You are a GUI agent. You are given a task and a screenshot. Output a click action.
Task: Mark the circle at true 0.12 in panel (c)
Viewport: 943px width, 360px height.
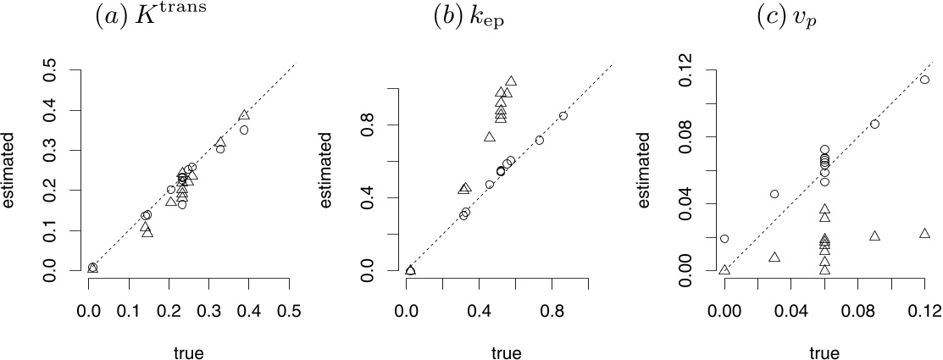click(924, 80)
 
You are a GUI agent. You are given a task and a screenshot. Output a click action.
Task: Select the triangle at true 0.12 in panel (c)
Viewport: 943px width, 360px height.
click(924, 233)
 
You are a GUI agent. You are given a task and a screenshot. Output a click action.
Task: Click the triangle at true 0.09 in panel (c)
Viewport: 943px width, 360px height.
click(874, 235)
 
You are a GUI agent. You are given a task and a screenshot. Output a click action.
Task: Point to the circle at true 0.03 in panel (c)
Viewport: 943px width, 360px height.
click(774, 194)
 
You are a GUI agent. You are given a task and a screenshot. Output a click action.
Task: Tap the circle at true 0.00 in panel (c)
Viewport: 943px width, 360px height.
click(724, 239)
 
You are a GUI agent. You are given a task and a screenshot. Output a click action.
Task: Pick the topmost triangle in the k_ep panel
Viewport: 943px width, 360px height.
click(511, 81)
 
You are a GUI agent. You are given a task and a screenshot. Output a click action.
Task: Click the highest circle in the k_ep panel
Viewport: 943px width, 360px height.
click(563, 116)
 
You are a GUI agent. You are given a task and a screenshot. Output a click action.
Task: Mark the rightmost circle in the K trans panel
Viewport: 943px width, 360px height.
click(244, 130)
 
